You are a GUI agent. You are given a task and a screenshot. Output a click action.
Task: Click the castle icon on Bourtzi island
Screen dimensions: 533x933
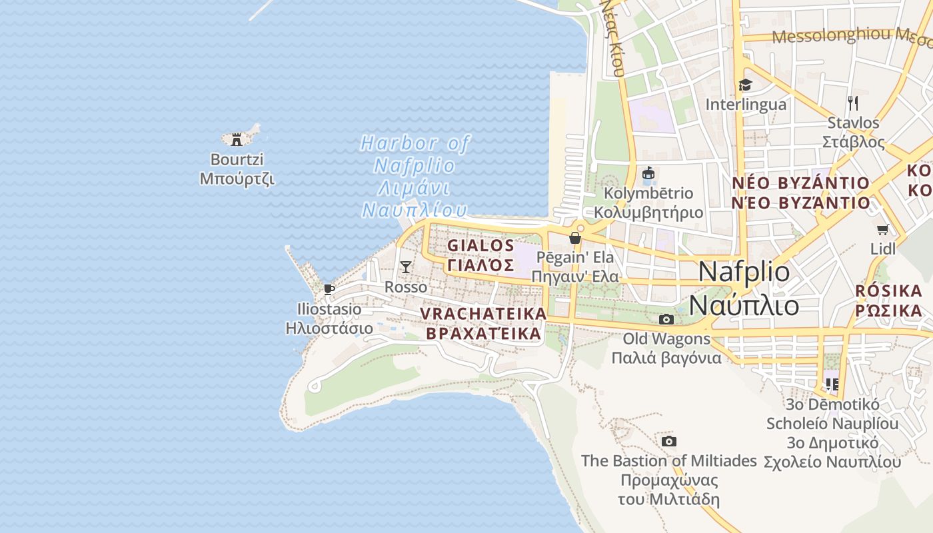(236, 139)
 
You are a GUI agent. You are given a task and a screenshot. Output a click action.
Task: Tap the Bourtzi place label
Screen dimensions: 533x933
(237, 169)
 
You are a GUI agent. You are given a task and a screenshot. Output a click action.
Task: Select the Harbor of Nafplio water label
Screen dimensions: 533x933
(415, 176)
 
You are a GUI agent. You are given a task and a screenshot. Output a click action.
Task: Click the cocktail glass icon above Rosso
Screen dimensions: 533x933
(406, 267)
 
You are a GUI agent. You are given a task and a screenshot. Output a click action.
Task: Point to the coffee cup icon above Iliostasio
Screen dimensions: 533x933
(328, 288)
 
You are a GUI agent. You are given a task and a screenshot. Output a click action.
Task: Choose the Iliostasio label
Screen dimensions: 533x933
(329, 318)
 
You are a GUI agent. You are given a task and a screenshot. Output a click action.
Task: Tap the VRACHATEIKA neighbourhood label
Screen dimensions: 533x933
(483, 324)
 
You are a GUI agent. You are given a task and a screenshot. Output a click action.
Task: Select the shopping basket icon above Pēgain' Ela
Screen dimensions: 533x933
(575, 238)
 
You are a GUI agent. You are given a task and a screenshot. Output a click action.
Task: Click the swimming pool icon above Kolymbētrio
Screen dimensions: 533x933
(648, 173)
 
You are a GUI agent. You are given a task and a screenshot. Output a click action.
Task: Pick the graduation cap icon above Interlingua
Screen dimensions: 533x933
(745, 85)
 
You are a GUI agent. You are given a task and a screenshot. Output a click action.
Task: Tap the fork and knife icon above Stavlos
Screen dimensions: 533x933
(852, 103)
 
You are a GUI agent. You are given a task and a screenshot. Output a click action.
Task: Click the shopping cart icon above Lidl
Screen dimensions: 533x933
(883, 229)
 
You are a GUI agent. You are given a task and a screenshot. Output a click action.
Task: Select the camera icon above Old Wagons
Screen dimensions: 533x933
(666, 319)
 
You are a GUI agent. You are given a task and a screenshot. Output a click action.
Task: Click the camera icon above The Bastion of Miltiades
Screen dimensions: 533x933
(669, 441)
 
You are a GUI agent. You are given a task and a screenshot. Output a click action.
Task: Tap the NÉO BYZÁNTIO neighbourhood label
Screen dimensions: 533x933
(800, 193)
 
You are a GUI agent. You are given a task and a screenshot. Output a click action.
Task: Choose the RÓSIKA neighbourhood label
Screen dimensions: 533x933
(888, 300)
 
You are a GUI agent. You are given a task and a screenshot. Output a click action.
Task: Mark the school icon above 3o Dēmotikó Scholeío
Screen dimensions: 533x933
(832, 384)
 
